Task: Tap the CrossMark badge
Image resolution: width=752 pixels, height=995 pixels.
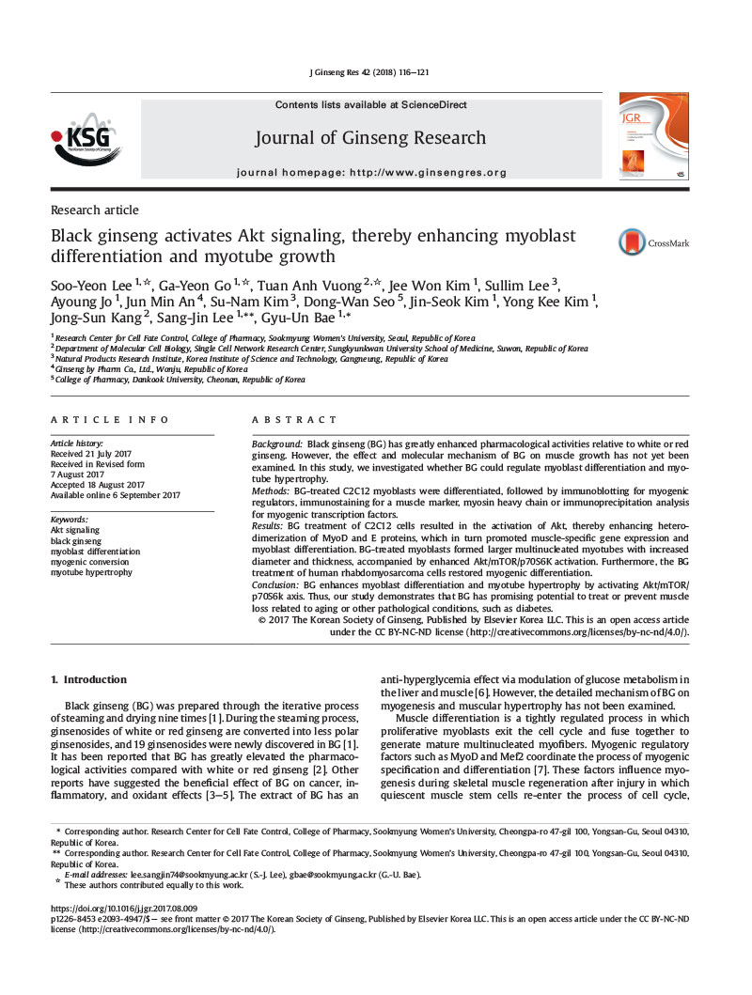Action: coord(653,243)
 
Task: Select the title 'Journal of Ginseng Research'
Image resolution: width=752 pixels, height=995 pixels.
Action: coord(370,139)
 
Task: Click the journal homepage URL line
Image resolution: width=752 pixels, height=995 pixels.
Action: coord(371,173)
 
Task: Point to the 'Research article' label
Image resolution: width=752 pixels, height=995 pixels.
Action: coord(94,210)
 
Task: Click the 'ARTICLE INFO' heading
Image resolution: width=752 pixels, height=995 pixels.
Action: coord(110,420)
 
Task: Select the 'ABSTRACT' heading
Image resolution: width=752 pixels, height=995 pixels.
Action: coord(294,420)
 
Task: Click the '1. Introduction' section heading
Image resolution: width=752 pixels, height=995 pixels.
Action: coord(88,679)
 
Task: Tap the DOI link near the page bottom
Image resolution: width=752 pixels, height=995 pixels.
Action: coord(123,909)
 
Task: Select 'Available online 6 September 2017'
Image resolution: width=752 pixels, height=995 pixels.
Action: coord(115,495)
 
